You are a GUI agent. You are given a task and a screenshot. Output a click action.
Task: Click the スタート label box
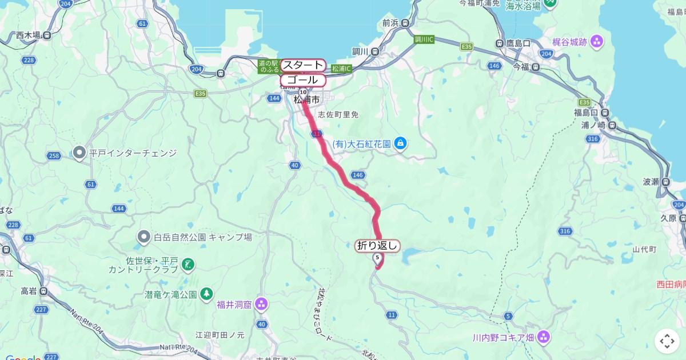pyautogui.click(x=303, y=65)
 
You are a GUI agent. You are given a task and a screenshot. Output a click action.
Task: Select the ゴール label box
pyautogui.click(x=303, y=80)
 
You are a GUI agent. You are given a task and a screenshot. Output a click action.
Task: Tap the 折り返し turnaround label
pyautogui.click(x=377, y=246)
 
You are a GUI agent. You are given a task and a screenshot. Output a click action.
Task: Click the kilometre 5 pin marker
pyautogui.click(x=377, y=258)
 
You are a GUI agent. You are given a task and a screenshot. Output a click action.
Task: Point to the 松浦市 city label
pyautogui.click(x=306, y=99)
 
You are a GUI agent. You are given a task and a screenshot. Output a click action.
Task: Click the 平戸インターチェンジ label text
pyautogui.click(x=133, y=153)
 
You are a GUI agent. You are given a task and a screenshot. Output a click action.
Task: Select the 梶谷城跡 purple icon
pyautogui.click(x=597, y=41)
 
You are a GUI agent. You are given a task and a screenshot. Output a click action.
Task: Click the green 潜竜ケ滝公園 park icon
pyautogui.click(x=206, y=294)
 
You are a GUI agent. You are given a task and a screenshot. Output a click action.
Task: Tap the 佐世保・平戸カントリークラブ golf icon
pyautogui.click(x=188, y=264)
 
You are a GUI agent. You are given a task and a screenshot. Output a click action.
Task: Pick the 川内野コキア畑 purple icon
pyautogui.click(x=543, y=337)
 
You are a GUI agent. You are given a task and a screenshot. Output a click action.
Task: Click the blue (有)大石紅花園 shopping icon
pyautogui.click(x=401, y=143)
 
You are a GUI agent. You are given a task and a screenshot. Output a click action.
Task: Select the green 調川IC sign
pyautogui.click(x=425, y=39)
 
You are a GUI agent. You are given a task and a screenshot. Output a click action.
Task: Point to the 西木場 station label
pyautogui.click(x=28, y=35)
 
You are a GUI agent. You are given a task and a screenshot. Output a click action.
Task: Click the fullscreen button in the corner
pyautogui.click(x=667, y=341)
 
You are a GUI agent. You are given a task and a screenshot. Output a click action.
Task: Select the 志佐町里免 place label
pyautogui.click(x=338, y=114)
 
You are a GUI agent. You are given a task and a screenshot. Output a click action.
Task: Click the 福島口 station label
pyautogui.click(x=586, y=112)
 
